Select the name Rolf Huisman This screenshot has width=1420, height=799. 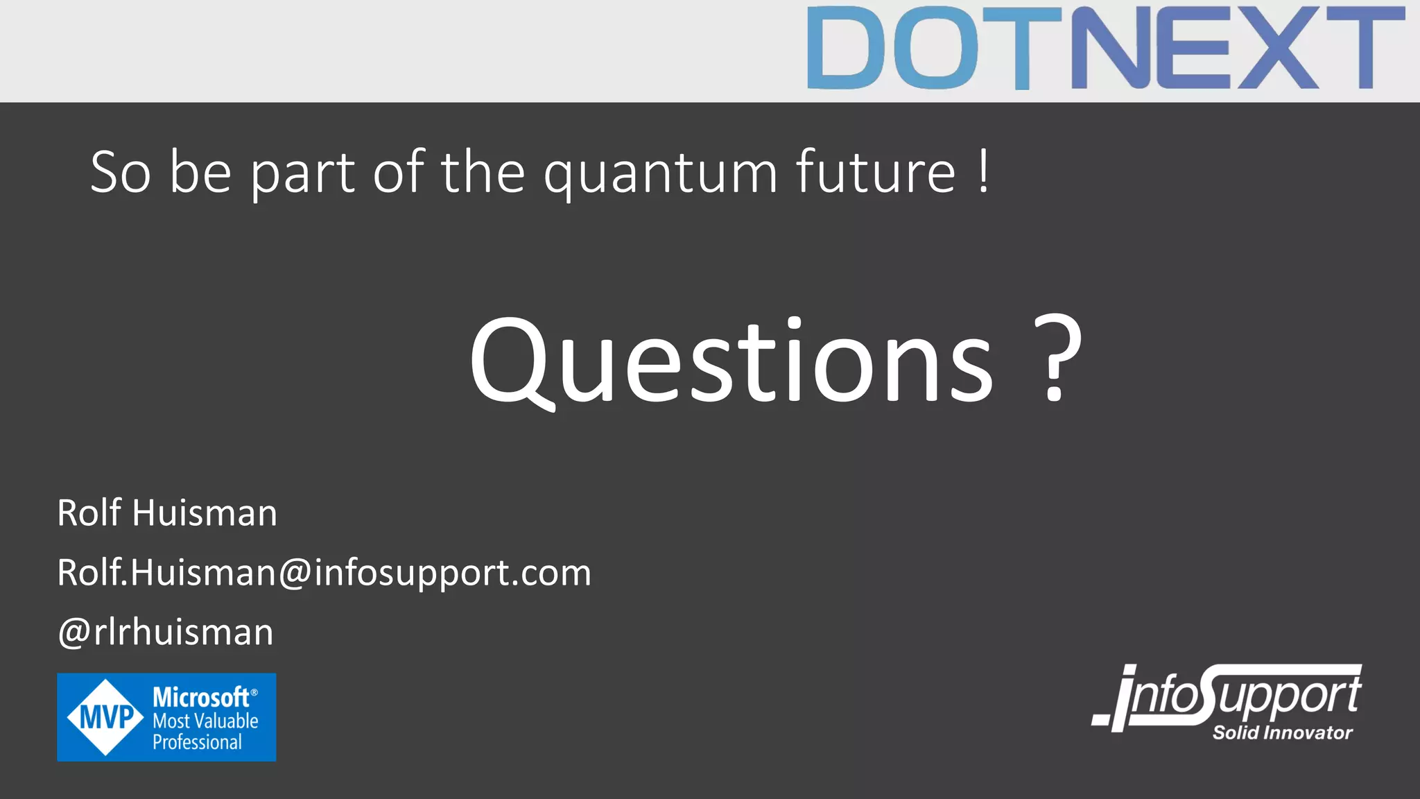click(x=167, y=513)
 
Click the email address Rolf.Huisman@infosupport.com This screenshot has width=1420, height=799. click(x=324, y=574)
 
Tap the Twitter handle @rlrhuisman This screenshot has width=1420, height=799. click(x=166, y=633)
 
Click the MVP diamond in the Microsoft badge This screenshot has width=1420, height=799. click(x=105, y=717)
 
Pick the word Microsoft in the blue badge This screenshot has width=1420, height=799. click(x=201, y=697)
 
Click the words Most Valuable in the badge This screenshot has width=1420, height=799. click(x=205, y=721)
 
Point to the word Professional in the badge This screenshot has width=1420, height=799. click(x=197, y=742)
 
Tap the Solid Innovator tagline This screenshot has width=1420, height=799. click(x=1282, y=733)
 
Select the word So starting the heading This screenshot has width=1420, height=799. click(x=121, y=172)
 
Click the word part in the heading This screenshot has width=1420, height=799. click(x=303, y=173)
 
